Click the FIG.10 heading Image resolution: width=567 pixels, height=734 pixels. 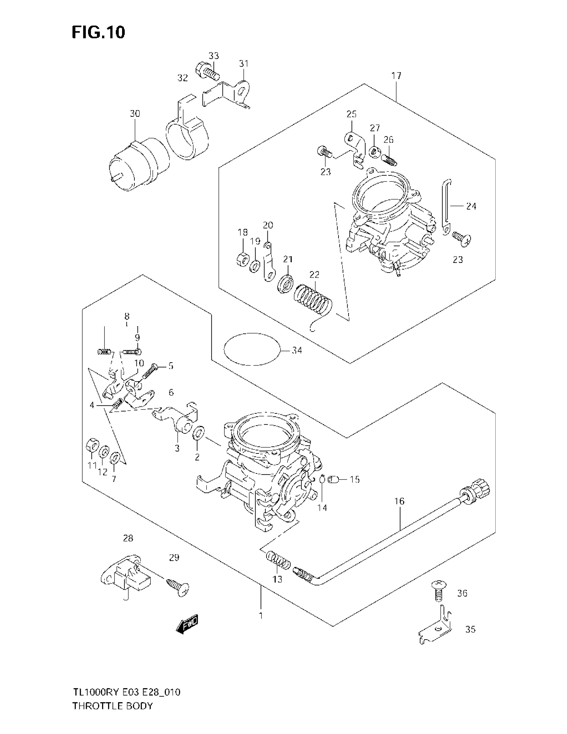click(x=98, y=33)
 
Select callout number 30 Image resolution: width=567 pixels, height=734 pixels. click(x=135, y=113)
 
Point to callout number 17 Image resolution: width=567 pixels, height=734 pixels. click(x=396, y=76)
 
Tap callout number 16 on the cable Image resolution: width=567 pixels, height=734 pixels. click(x=399, y=510)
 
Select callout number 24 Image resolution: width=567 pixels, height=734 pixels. click(x=471, y=206)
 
